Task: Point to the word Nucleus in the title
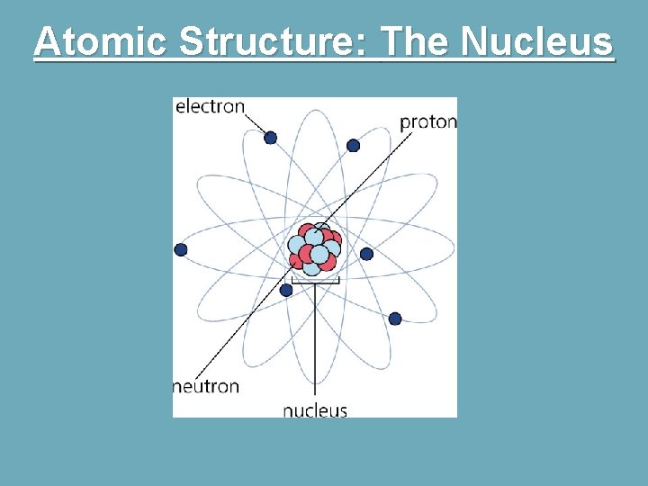coord(538,41)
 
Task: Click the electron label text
coord(210,106)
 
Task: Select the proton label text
coord(427,121)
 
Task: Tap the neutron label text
coord(206,387)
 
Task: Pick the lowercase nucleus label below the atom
coord(315,410)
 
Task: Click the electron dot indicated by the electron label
coord(270,138)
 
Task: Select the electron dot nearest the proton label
coord(353,146)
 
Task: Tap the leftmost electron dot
coord(181,249)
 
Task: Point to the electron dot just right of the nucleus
coord(366,254)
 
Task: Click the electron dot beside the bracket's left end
coord(286,290)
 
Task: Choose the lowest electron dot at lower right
coord(394,319)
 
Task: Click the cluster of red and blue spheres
coord(314,248)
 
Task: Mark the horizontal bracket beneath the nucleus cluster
coord(315,282)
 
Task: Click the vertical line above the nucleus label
coord(315,342)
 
